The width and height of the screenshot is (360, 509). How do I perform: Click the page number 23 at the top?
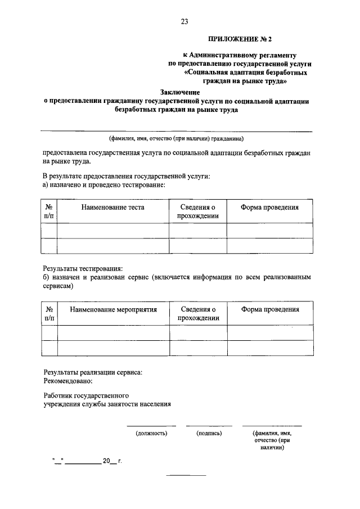click(x=184, y=22)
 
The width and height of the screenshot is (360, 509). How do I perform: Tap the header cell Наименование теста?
click(x=112, y=208)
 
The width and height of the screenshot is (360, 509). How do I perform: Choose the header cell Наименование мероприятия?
click(x=114, y=309)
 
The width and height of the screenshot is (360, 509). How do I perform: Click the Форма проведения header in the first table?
click(x=269, y=208)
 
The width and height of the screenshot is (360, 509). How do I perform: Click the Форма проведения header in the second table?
click(x=271, y=309)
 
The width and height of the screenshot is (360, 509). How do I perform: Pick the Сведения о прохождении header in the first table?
click(x=197, y=211)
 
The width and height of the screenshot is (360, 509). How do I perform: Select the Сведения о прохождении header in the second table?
click(x=199, y=313)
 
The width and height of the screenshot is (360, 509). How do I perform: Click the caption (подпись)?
click(x=209, y=434)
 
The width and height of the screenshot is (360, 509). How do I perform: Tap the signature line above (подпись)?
click(x=209, y=426)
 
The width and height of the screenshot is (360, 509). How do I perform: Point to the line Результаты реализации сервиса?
click(x=93, y=372)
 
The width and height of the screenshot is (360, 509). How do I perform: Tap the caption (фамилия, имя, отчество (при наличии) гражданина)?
click(x=176, y=138)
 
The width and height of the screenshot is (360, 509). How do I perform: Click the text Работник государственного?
click(x=87, y=395)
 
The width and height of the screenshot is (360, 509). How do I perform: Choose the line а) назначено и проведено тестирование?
click(x=104, y=184)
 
